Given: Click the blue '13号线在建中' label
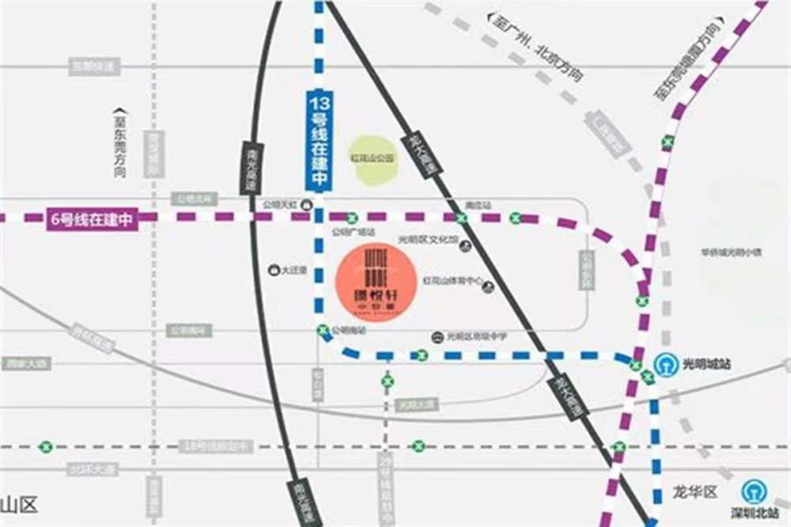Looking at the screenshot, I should coord(319,141).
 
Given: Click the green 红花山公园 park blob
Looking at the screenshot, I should coord(373,160).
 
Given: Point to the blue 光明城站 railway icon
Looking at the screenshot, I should coord(666,365).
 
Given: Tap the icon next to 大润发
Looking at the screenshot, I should coord(275,270).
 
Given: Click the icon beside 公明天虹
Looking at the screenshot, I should coord(308,204).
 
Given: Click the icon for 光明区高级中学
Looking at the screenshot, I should coord(437,337).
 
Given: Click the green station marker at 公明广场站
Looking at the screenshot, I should coord(353,218).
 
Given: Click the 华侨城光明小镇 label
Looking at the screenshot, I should coord(730,253).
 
